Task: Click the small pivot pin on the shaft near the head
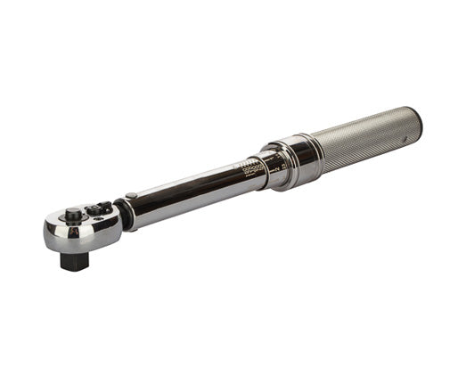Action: (x=132, y=196)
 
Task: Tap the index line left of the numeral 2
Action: (x=271, y=168)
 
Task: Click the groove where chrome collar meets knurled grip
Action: (x=315, y=151)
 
